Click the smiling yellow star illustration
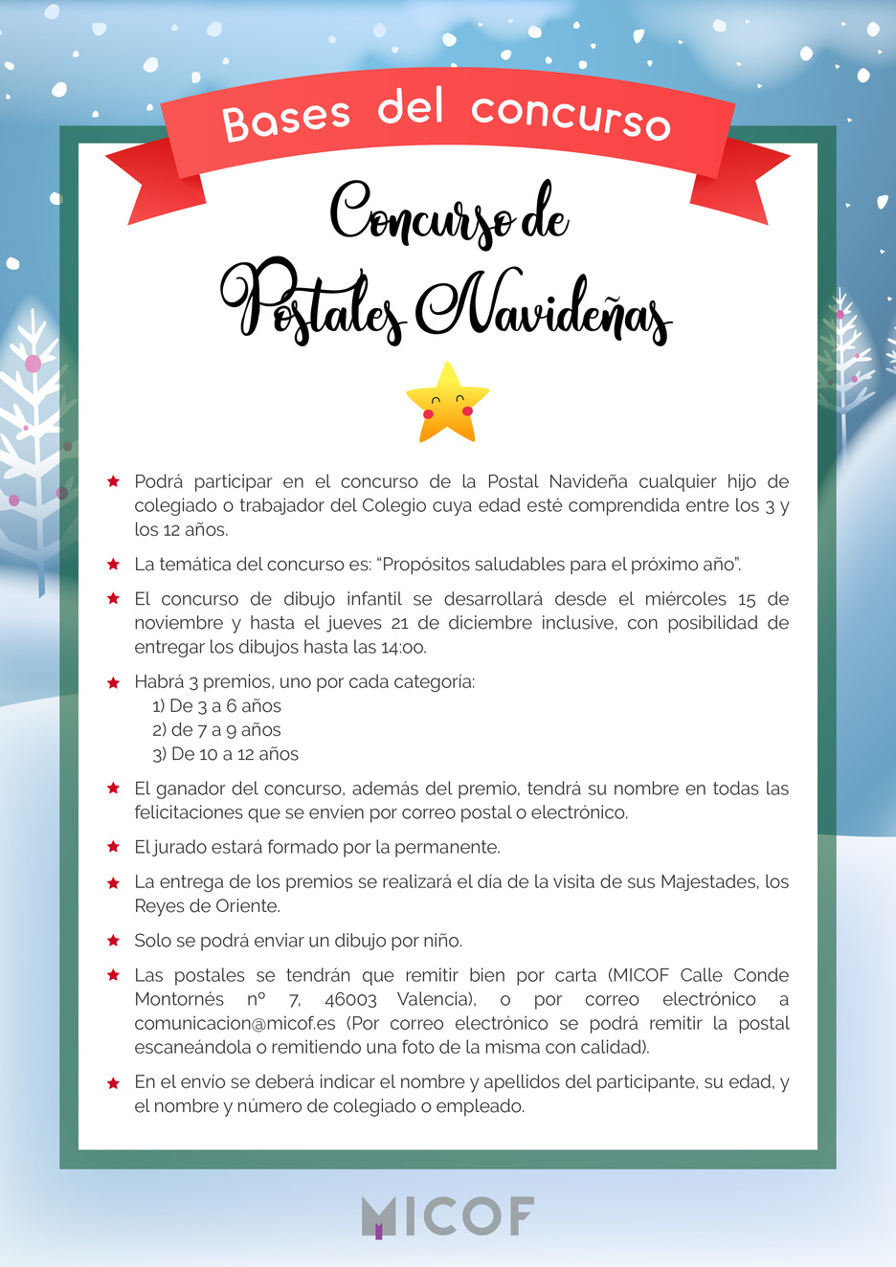(x=447, y=403)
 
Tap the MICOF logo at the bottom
(x=447, y=1216)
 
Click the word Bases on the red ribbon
(x=286, y=120)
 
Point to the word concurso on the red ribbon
(x=571, y=116)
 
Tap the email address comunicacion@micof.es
(x=235, y=1023)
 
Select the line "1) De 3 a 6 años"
(x=216, y=706)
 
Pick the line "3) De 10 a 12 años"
(x=225, y=754)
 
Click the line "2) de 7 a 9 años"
(x=216, y=730)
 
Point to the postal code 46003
(x=350, y=999)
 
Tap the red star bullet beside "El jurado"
(x=114, y=847)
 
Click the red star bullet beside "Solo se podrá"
(x=114, y=941)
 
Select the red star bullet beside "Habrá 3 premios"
(x=114, y=682)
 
